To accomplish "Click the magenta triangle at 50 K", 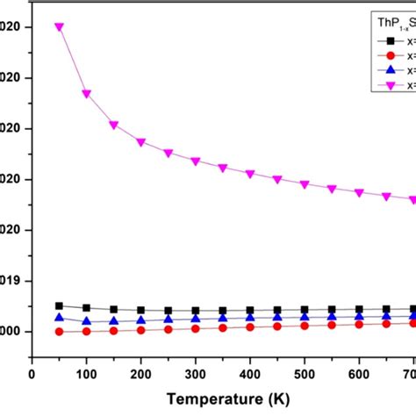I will pyautogui.click(x=59, y=26).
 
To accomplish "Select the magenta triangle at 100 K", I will pyautogui.click(x=86, y=93).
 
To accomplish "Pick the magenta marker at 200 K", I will pyautogui.click(x=140, y=141).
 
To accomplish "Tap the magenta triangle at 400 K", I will pyautogui.click(x=250, y=174).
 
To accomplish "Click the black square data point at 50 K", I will pyautogui.click(x=59, y=305).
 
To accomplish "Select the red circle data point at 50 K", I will pyautogui.click(x=59, y=332).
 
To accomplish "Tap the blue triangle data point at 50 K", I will pyautogui.click(x=59, y=318).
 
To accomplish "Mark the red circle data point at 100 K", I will pyautogui.click(x=86, y=331).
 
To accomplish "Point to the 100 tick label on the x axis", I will pyautogui.click(x=86, y=372).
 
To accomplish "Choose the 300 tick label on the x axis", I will pyautogui.click(x=195, y=372).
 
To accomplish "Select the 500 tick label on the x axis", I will pyautogui.click(x=305, y=372).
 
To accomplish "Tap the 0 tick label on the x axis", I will pyautogui.click(x=32, y=372).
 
